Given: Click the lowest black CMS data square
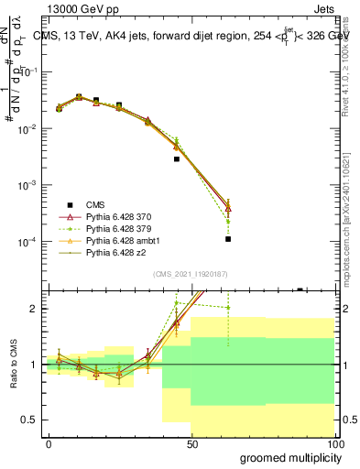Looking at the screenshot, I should (227, 239).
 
